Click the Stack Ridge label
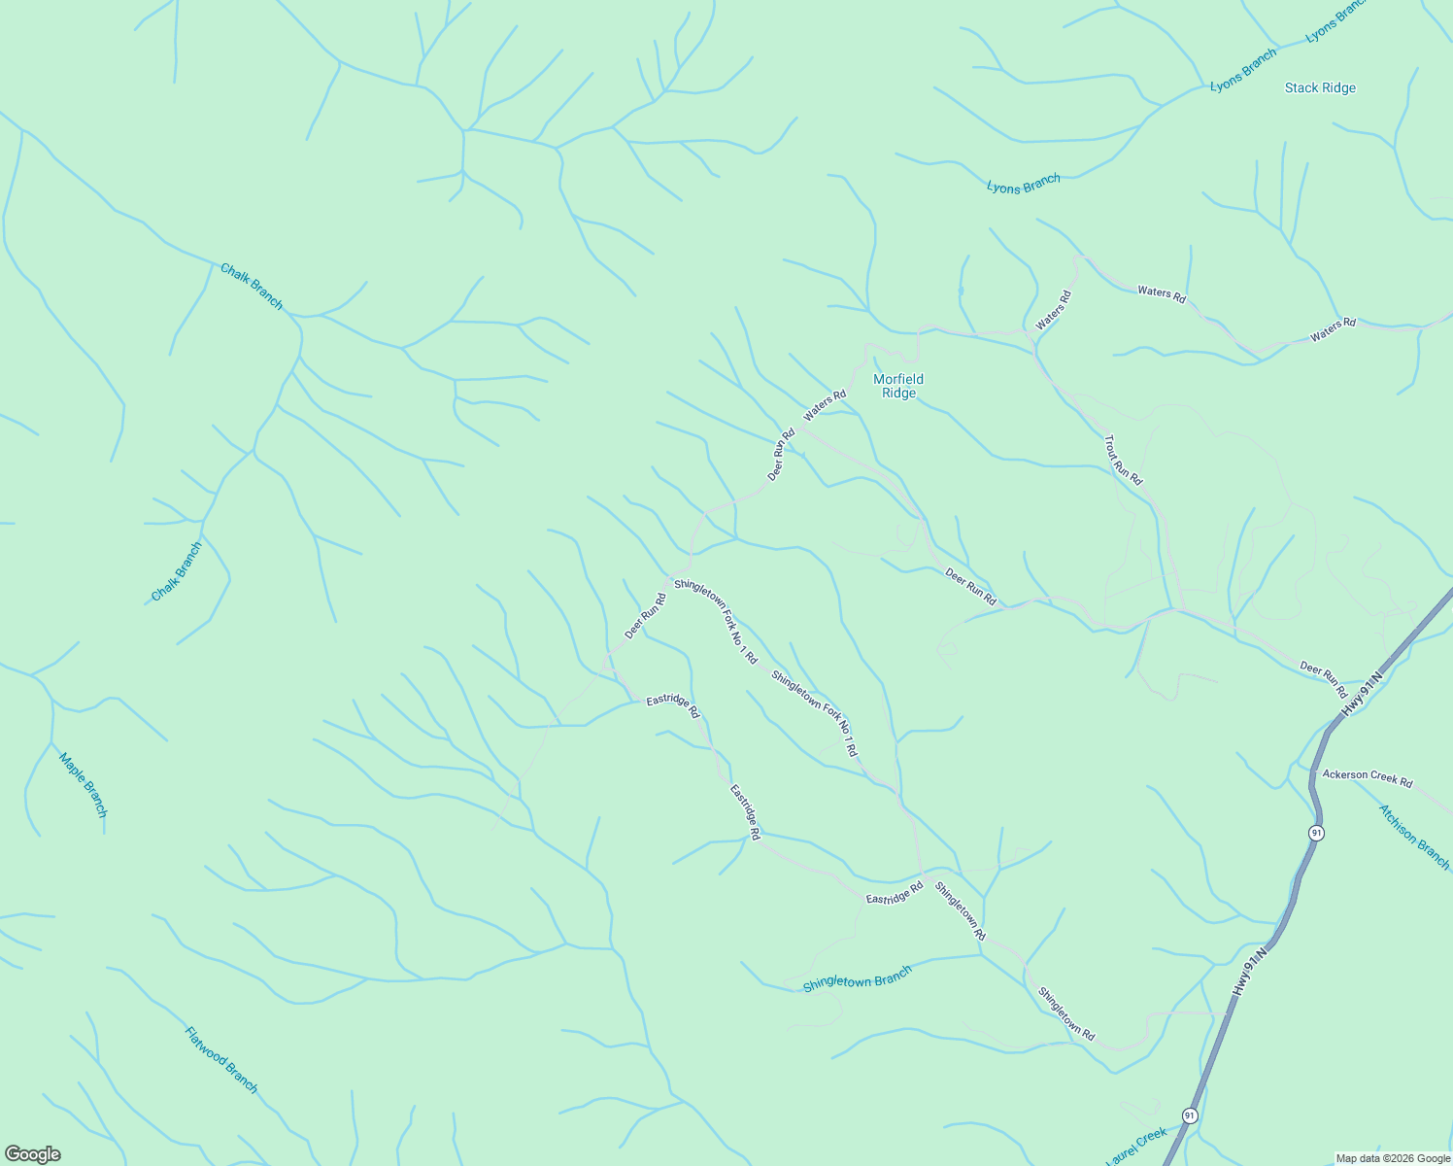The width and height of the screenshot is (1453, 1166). click(1320, 88)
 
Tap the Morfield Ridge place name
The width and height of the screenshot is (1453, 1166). click(898, 386)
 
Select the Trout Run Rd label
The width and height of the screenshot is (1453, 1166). click(1123, 461)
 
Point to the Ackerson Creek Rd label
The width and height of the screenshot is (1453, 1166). click(1368, 778)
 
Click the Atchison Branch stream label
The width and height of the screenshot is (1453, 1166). click(1414, 837)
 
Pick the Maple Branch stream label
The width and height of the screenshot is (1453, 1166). click(83, 785)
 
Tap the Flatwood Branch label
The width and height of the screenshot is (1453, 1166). click(221, 1059)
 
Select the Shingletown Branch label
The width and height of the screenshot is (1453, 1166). click(858, 979)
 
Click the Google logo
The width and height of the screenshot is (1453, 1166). click(32, 1154)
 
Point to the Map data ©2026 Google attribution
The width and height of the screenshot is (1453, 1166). click(1393, 1158)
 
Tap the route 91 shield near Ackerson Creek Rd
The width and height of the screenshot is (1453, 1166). click(1316, 833)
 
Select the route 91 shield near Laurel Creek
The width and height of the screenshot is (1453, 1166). click(1190, 1115)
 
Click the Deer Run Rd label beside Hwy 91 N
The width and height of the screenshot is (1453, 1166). click(1323, 679)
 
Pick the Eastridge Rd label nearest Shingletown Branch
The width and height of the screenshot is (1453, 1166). click(895, 893)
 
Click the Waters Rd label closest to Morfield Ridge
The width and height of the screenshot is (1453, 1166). click(825, 405)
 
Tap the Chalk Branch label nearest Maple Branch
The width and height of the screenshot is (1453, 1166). click(177, 572)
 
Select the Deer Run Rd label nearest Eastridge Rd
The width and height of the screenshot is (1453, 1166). click(646, 616)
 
